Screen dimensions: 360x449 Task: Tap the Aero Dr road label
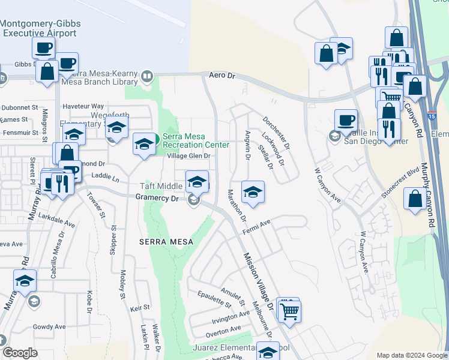[x=221, y=76]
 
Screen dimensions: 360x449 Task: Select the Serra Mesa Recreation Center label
[x=196, y=140]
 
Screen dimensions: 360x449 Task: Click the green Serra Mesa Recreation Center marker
[x=155, y=140]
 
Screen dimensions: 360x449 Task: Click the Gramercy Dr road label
[x=158, y=197]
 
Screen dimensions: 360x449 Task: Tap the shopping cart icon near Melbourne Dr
[x=290, y=311]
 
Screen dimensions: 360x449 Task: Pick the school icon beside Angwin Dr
[x=253, y=192]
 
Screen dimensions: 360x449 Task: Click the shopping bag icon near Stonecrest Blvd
[x=415, y=199]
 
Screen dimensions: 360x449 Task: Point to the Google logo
[x=20, y=353]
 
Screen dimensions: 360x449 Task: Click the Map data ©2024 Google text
[x=412, y=355]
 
